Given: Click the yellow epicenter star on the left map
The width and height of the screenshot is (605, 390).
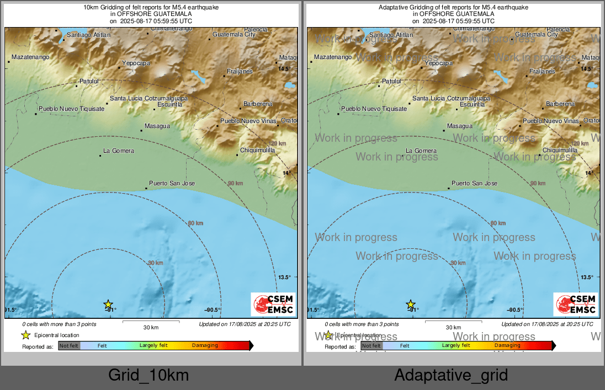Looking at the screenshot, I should click(x=108, y=304).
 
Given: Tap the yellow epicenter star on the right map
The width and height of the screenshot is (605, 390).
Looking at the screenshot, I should click(x=411, y=304).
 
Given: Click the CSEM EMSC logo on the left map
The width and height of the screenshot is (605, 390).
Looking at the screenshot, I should click(x=273, y=304).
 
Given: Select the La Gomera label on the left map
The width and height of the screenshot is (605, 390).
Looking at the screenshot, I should click(x=119, y=151).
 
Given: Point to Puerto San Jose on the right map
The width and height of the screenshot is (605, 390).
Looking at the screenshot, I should click(x=474, y=183).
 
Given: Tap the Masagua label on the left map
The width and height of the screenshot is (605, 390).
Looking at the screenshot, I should click(x=157, y=126).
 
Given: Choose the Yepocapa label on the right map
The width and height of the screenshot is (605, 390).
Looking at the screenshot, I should click(x=438, y=63).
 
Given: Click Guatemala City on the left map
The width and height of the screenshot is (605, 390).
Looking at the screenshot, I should click(x=234, y=35).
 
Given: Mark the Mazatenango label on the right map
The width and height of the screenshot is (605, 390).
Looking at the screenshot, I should click(x=332, y=57).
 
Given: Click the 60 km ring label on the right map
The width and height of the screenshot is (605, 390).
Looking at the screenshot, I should click(x=498, y=223).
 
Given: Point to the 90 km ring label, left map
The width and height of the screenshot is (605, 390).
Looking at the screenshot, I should click(x=235, y=183).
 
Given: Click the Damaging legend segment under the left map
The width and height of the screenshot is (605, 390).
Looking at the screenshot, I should click(x=205, y=346).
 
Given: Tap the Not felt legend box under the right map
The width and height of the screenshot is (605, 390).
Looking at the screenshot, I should click(x=372, y=346).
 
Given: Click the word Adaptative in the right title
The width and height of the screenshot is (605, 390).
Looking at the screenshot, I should click(x=395, y=7).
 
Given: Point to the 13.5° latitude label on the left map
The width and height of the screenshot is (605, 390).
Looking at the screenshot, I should click(x=284, y=277).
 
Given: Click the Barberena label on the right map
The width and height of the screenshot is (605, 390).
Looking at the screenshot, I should click(x=560, y=104).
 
